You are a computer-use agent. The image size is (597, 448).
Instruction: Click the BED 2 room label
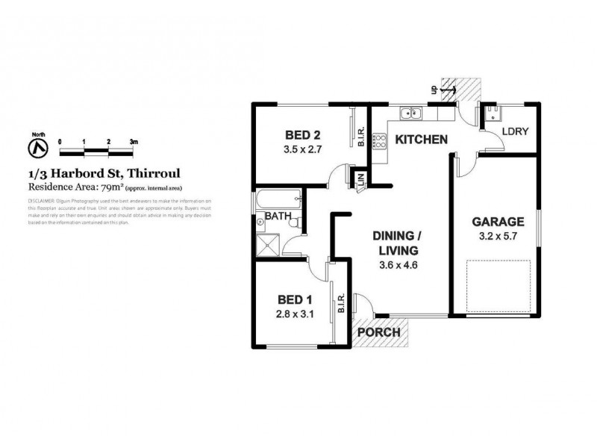[303, 135]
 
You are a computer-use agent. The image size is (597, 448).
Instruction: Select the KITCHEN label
[421, 140]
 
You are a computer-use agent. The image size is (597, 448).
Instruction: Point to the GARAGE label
[496, 222]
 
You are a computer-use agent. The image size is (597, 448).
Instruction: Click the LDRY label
[515, 131]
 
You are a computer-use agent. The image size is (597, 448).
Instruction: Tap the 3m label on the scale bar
[134, 141]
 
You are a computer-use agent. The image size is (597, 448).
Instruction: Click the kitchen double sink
[411, 114]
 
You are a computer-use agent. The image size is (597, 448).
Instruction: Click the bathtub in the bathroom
[277, 200]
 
